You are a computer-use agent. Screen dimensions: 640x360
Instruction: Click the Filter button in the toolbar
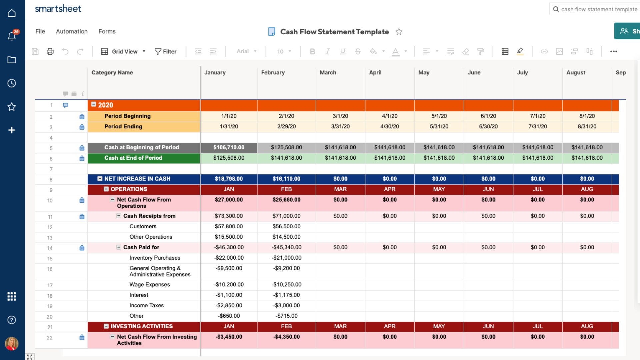coord(165,51)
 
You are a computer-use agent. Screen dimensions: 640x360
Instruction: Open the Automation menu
coord(72,31)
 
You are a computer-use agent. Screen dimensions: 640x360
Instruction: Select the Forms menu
coord(107,31)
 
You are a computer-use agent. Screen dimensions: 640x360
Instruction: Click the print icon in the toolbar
coord(50,51)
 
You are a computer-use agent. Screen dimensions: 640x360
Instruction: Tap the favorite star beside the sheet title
coord(399,32)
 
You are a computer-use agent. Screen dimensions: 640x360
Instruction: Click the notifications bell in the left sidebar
coord(12,36)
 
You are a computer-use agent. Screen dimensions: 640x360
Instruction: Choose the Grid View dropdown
coord(123,51)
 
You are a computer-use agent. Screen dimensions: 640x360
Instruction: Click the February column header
coord(273,72)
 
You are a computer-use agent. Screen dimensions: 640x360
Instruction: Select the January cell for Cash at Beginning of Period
coord(229,148)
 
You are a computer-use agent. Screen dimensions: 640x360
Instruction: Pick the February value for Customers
coord(286,226)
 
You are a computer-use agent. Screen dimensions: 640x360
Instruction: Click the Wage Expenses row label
coord(150,285)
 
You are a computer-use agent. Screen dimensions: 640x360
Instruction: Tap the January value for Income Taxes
coord(229,305)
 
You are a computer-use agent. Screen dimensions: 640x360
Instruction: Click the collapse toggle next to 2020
coord(94,104)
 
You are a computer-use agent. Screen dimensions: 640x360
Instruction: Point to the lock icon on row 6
coord(82,158)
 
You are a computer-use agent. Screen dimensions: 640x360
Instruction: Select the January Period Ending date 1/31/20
coord(229,127)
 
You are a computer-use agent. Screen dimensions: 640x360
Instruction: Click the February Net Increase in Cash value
coord(286,179)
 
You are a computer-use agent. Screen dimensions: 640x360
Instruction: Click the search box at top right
coord(595,9)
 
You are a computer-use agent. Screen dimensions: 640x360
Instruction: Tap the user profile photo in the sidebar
coord(12,343)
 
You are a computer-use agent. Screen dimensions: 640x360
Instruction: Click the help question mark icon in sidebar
coord(12,320)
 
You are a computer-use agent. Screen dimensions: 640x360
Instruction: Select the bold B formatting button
coord(312,51)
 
